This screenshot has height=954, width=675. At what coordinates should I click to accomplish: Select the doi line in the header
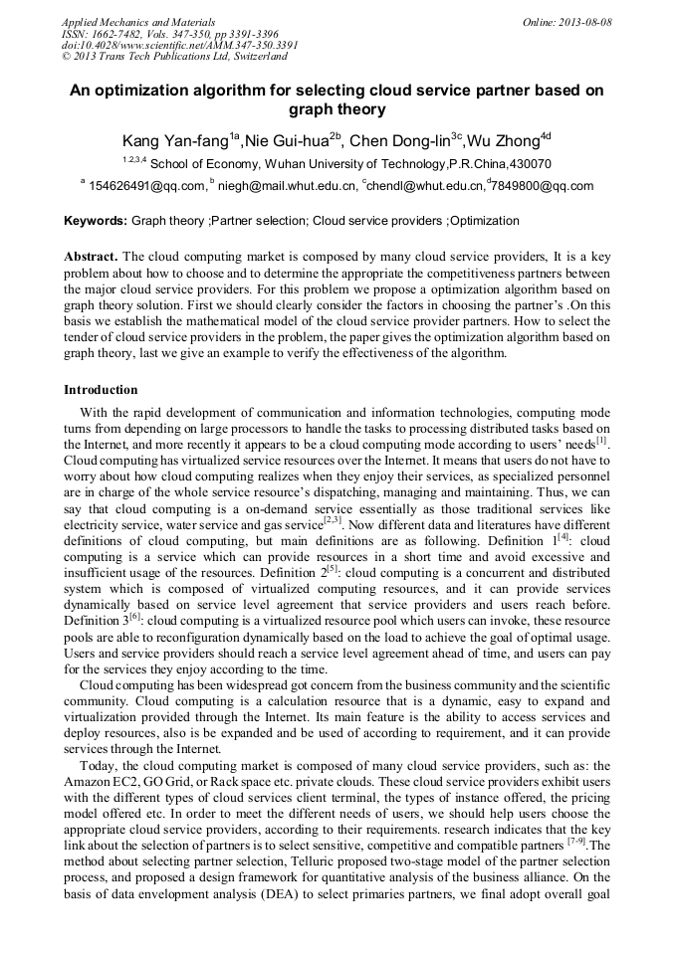[179, 45]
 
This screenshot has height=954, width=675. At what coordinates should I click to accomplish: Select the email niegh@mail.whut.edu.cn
[287, 186]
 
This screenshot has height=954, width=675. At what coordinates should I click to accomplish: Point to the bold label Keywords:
[96, 221]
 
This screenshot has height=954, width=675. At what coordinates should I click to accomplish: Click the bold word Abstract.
[91, 256]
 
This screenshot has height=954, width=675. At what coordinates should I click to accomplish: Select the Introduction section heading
[101, 389]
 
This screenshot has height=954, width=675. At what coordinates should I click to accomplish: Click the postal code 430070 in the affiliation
[529, 164]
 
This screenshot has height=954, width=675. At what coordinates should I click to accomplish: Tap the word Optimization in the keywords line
[484, 221]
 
